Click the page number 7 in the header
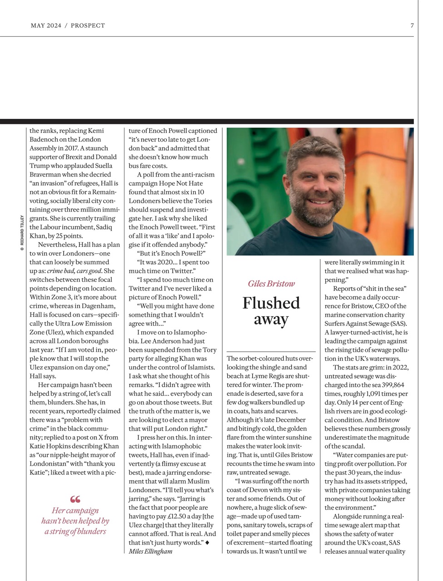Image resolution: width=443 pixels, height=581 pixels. [412, 25]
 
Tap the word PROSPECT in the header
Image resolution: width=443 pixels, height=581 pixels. [88, 25]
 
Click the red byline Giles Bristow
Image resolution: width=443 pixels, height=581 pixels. [271, 284]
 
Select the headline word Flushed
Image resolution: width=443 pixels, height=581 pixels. [271, 303]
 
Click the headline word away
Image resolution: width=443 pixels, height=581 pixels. [271, 320]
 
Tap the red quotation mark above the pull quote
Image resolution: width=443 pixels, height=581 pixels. [75, 499]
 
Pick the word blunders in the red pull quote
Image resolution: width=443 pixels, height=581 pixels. [90, 532]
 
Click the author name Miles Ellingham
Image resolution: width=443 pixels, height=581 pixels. [150, 551]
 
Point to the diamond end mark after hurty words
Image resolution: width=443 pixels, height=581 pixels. [207, 542]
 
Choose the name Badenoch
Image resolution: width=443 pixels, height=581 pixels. [45, 139]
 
